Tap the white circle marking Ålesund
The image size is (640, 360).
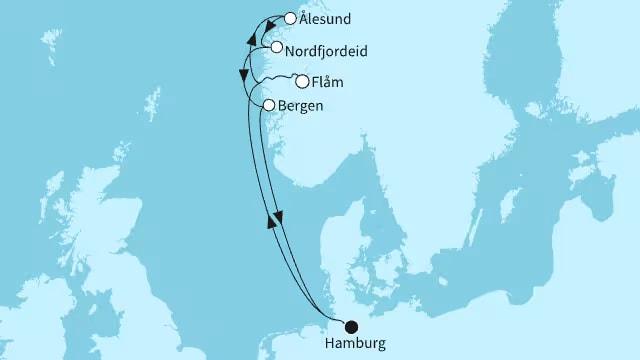291,18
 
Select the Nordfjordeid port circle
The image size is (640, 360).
276,47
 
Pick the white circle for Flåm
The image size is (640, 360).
301,82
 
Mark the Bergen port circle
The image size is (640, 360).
268,104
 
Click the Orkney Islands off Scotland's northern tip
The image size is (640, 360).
103,150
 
